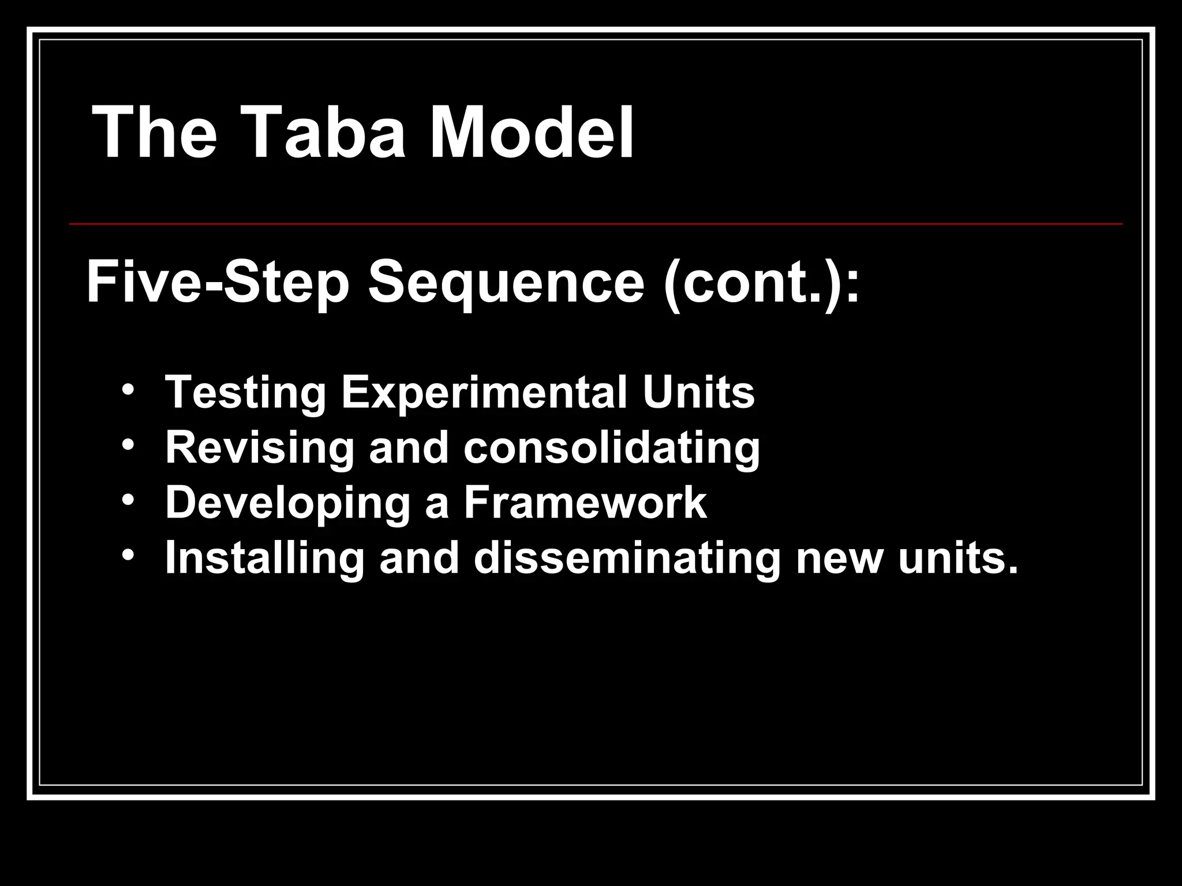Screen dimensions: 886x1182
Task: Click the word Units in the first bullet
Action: pyautogui.click(x=698, y=393)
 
